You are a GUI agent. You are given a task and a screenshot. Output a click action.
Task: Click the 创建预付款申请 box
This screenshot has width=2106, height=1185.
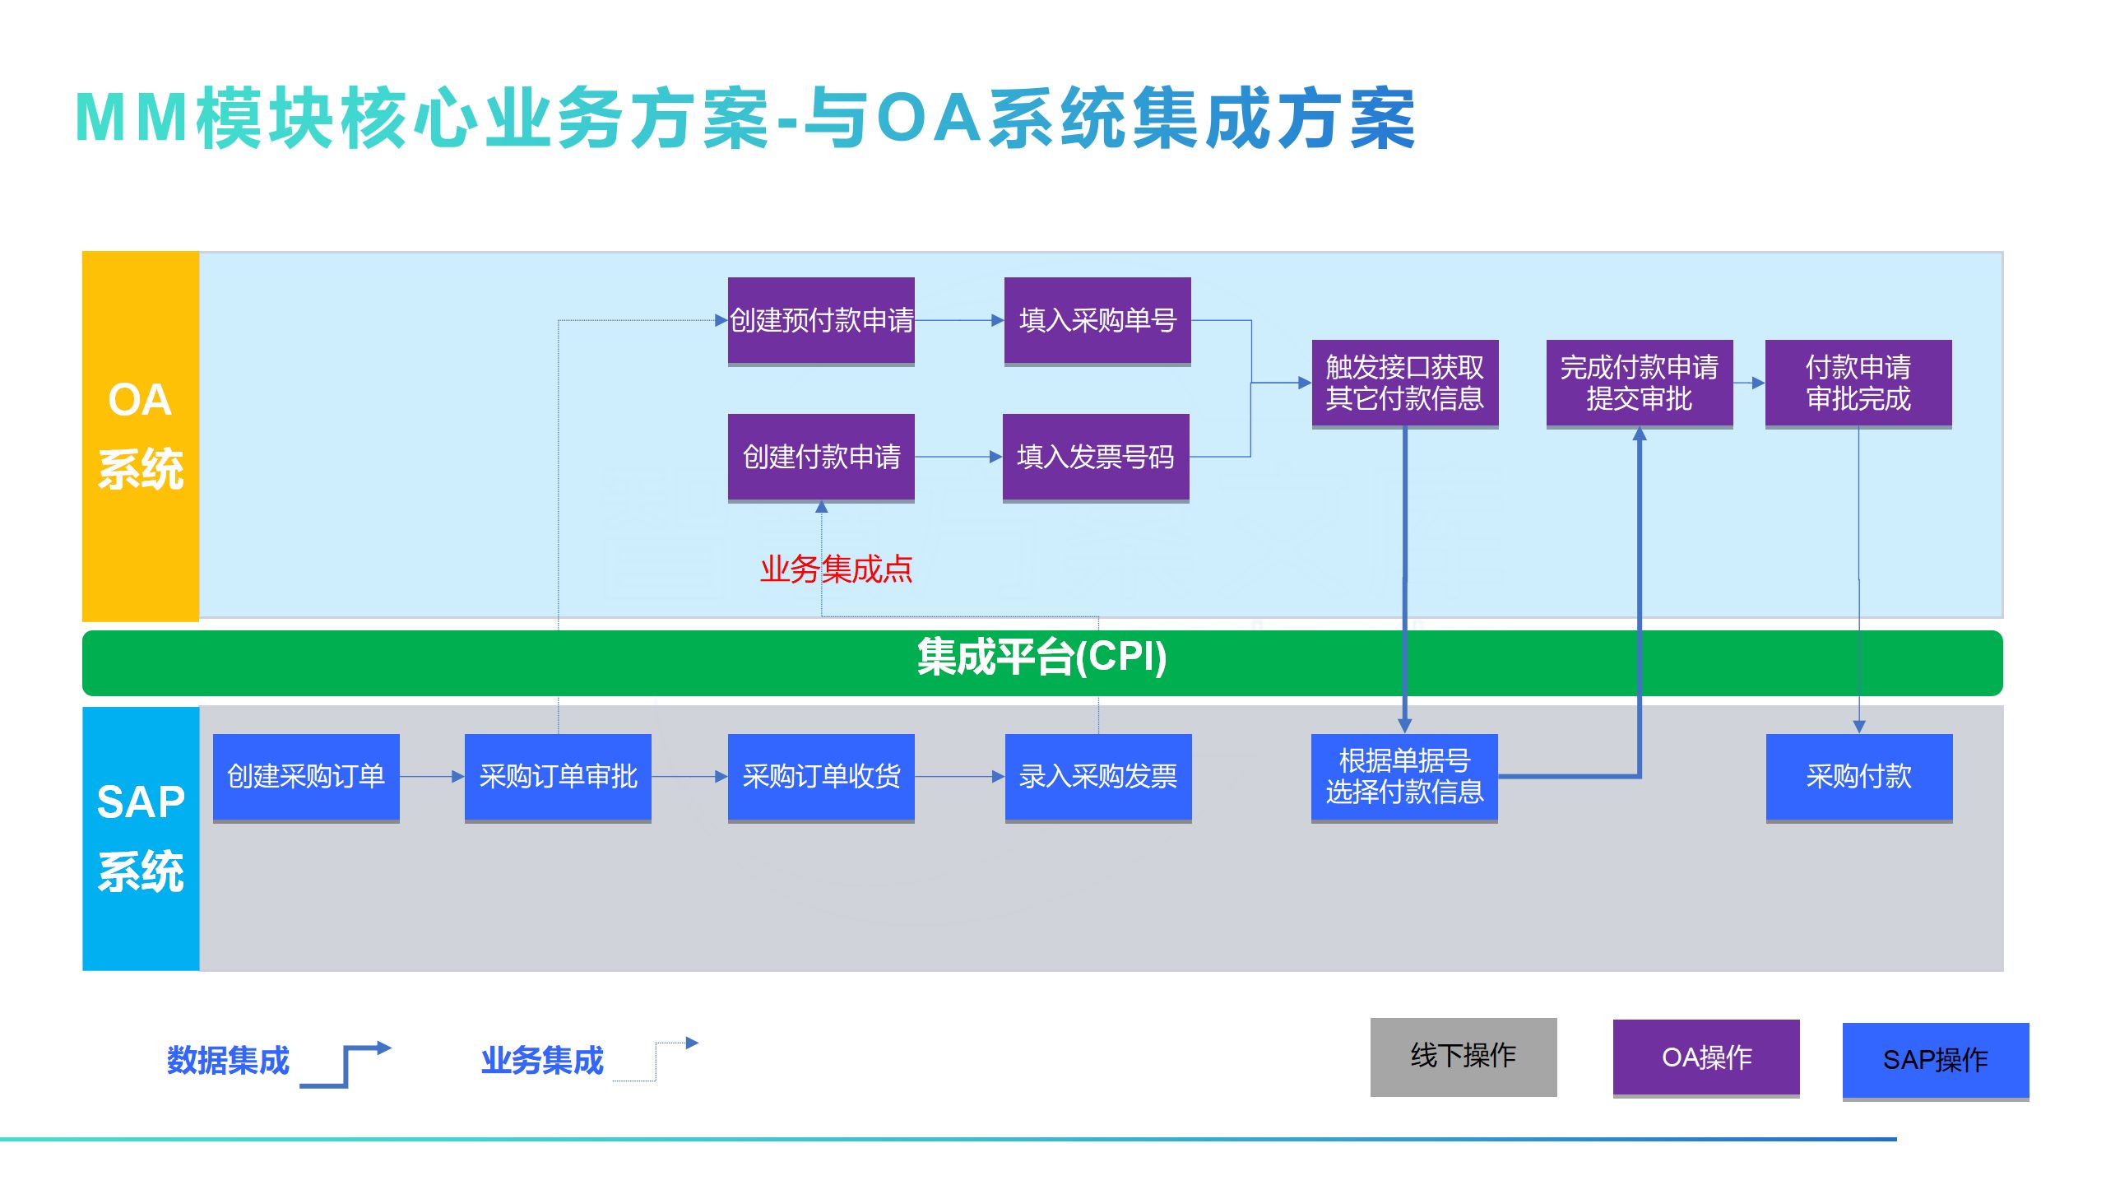[821, 320]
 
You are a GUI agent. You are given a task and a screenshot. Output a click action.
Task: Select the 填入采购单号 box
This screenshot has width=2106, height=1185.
[1097, 320]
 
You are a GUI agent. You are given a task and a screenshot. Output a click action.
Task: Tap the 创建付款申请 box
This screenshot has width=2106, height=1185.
[821, 457]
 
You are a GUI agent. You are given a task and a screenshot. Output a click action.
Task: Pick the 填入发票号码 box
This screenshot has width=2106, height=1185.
[1096, 457]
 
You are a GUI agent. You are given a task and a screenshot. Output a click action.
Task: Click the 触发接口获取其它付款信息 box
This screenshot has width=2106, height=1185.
[1404, 383]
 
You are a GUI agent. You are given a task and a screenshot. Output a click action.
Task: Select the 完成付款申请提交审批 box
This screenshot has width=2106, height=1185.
[1639, 383]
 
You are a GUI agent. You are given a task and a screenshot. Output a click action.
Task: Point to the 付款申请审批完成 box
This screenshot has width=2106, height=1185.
[1858, 383]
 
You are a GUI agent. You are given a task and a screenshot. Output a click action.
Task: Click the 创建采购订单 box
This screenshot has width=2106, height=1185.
[306, 776]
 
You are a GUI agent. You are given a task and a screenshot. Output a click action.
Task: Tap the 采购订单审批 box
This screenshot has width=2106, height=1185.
[558, 776]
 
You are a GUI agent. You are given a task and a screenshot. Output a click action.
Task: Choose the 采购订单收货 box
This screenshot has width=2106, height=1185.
[821, 776]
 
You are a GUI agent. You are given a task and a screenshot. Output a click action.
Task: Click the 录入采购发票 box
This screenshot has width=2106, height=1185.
[1097, 776]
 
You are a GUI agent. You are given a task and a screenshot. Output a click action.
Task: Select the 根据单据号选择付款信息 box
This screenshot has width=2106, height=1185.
[1404, 776]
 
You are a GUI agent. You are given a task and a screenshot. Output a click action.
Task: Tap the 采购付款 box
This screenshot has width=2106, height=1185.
[1858, 776]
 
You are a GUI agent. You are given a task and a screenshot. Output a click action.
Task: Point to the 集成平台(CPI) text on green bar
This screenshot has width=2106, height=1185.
[1041, 658]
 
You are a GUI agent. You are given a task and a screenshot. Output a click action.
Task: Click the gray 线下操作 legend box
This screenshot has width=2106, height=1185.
[1463, 1056]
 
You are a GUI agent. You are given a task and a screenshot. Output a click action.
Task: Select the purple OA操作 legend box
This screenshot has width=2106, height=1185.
[1705, 1057]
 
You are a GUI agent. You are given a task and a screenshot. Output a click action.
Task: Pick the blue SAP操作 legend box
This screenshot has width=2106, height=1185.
[1935, 1060]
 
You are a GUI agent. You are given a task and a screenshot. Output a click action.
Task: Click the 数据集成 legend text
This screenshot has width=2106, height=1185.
[228, 1060]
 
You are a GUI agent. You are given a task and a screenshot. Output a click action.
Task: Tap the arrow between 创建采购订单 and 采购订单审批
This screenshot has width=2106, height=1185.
[432, 776]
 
